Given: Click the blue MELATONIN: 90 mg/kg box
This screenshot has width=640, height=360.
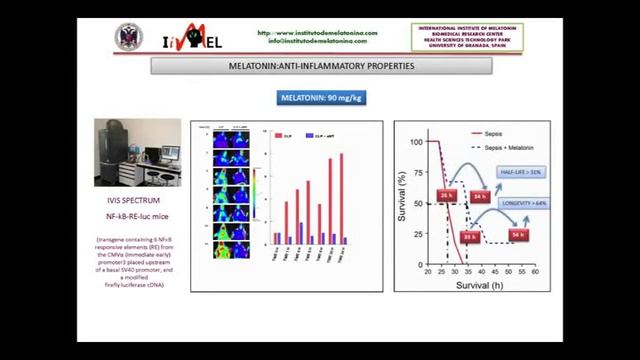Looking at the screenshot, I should click(x=319, y=97).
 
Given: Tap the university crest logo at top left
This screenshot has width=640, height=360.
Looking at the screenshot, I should click(x=129, y=37).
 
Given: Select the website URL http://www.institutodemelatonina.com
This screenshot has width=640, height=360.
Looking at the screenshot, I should click(x=317, y=32).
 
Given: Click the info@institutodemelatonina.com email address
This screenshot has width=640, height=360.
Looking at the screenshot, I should click(x=317, y=41).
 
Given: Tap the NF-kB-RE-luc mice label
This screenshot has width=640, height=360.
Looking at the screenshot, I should click(x=137, y=216).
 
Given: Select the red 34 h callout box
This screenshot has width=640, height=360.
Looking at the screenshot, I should click(x=480, y=197).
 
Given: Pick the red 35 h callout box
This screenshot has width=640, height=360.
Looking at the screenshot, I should click(x=470, y=237).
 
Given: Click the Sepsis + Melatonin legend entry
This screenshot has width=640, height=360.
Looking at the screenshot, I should click(x=509, y=146).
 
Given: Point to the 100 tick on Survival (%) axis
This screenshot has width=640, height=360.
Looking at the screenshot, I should click(x=419, y=142).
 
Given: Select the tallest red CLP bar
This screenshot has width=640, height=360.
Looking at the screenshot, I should click(x=341, y=198).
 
